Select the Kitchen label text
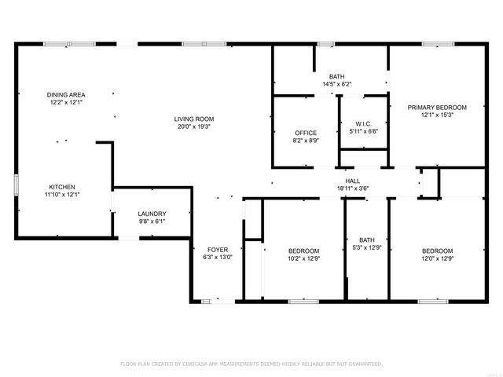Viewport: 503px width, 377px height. pos(61,187)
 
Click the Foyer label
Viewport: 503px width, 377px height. pos(218,249)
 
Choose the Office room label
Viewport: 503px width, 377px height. pos(306,133)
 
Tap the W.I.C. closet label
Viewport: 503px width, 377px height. pos(363,123)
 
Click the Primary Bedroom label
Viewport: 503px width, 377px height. pos(437,108)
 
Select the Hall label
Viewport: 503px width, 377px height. pos(342,181)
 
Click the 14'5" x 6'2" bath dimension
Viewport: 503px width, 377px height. pos(336,84)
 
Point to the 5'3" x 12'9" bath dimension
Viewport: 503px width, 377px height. pos(368,248)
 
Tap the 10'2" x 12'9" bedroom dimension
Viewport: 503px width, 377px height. pos(303,259)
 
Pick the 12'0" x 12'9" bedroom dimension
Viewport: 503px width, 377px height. pos(437,259)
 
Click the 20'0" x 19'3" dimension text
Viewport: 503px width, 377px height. pos(193,126)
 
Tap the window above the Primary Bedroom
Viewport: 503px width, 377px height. pos(435,45)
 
